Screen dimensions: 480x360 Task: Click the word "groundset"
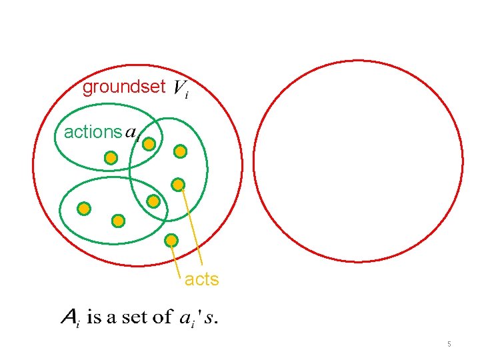tap(123, 87)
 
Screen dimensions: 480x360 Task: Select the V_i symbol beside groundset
tap(180, 89)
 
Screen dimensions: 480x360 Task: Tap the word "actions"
tap(93, 132)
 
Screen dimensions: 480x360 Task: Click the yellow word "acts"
tap(201, 279)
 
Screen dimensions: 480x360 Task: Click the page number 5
tap(449, 344)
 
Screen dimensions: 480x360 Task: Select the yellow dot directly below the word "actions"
tap(111, 158)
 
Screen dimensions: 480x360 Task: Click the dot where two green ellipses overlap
tap(150, 143)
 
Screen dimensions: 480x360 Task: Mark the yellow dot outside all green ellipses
tap(171, 239)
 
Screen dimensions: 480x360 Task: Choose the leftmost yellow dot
tap(84, 209)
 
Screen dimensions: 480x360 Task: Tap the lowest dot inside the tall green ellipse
tap(153, 201)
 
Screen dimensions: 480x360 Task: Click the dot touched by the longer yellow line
tap(178, 184)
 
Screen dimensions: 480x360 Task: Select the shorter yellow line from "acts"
tap(176, 257)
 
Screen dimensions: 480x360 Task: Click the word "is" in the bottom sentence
tap(95, 317)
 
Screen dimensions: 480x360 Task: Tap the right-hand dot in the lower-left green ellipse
tap(118, 219)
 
